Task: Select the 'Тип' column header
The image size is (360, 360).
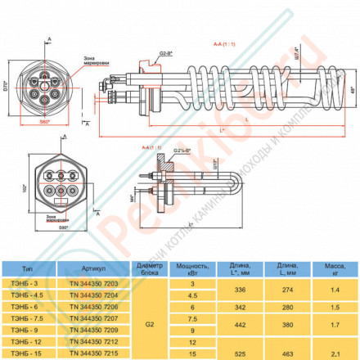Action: tap(29, 268)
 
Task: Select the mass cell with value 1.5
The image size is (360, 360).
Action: tap(335, 305)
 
